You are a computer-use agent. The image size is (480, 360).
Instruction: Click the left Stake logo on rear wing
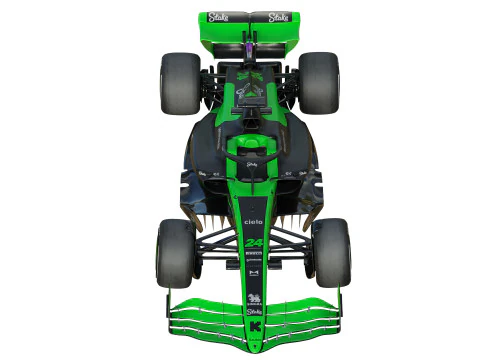[x=218, y=17]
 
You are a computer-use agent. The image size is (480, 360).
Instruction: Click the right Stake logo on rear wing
[x=278, y=17]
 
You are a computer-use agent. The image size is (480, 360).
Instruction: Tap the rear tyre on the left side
[x=180, y=82]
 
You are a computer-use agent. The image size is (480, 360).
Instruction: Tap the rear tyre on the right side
[x=319, y=82]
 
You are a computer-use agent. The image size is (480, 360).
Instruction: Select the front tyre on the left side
[x=176, y=253]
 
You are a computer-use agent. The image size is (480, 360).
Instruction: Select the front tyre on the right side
[x=331, y=253]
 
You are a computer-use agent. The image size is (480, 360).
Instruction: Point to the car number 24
[x=254, y=243]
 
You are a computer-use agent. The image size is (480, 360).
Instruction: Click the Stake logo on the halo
[x=251, y=163]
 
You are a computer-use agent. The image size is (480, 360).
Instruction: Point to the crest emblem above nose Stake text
[x=254, y=297]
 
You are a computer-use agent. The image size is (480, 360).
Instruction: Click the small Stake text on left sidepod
[x=202, y=173]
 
